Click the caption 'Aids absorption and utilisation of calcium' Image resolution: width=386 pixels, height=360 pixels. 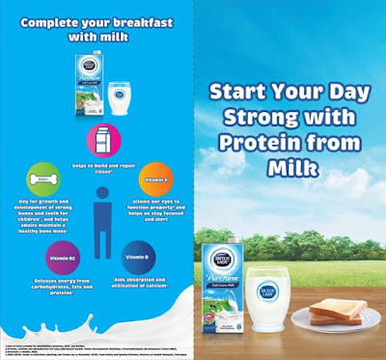click(138, 285)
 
